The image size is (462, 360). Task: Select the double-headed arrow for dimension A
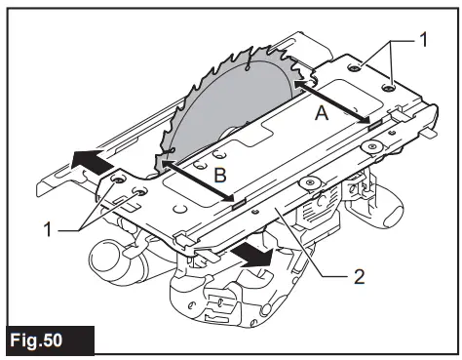tap(330, 102)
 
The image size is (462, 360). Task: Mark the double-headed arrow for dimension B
tap(201, 183)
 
